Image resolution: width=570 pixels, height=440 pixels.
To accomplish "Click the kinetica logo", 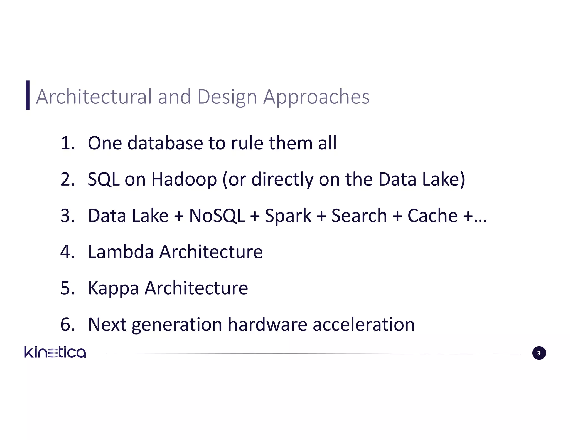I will coord(55,352).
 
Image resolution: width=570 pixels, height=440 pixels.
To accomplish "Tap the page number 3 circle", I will coord(539,353).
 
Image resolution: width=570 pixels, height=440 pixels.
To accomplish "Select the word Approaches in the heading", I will coord(316,97).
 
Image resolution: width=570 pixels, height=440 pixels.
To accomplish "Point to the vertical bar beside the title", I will coord(28,95).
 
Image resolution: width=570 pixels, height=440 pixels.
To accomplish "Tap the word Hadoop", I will coord(184,179).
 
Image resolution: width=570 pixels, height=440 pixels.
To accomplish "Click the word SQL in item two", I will coord(104,179).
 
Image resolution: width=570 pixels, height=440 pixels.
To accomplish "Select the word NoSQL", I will coord(217,216).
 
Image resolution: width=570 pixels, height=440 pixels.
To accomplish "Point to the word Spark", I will coord(288,216).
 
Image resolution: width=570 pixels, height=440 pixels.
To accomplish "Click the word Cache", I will coord(432,216).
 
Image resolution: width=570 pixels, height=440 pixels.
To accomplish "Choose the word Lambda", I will coord(121,252).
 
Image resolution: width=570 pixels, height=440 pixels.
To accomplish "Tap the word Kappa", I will coord(113,288).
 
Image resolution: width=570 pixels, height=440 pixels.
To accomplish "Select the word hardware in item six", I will coord(267,324).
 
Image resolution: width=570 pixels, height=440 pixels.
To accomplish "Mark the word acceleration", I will coord(363,324).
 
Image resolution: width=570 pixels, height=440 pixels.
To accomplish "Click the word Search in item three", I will coord(359,216).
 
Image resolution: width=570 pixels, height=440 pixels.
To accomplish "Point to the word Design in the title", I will coord(227,97).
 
